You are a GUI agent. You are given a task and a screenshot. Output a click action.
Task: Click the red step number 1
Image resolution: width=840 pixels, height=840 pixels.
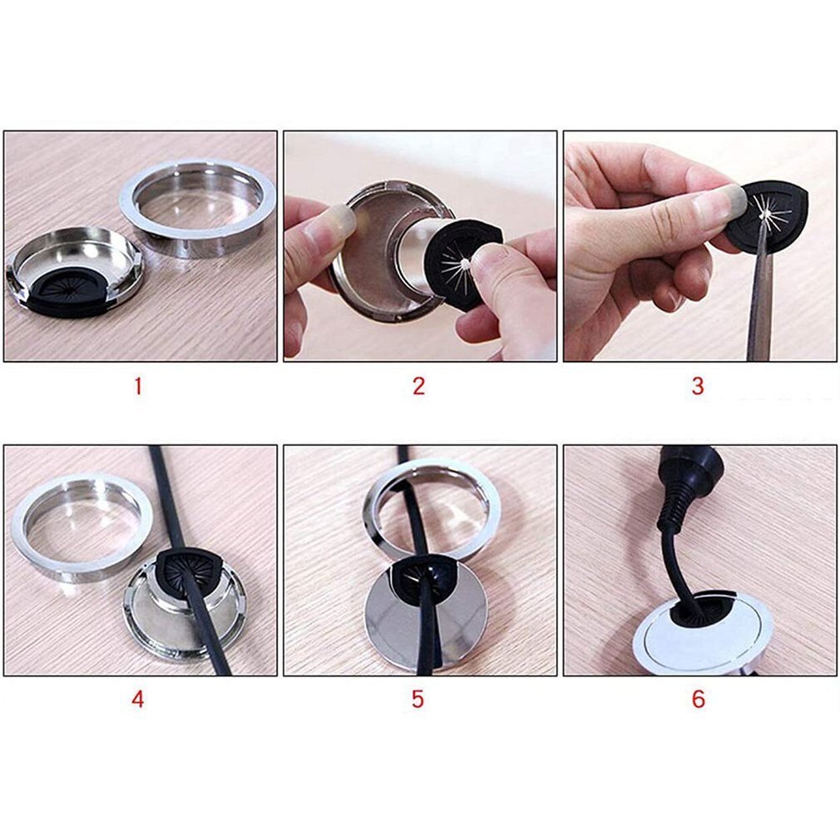coord(138,386)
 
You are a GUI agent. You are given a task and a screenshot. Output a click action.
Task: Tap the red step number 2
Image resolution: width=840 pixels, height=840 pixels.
coord(418,386)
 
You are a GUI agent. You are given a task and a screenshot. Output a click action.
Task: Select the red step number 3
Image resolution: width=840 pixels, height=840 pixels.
coord(698,386)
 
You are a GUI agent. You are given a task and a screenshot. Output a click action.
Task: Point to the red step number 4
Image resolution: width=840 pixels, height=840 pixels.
coord(138,699)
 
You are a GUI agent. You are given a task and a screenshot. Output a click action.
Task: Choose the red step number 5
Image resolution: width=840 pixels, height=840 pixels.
coord(418,699)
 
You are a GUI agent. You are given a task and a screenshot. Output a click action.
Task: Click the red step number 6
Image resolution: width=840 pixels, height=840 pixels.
coord(698,699)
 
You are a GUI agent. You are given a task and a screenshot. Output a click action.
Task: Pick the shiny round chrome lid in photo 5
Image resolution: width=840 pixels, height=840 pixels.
coord(426,616)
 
